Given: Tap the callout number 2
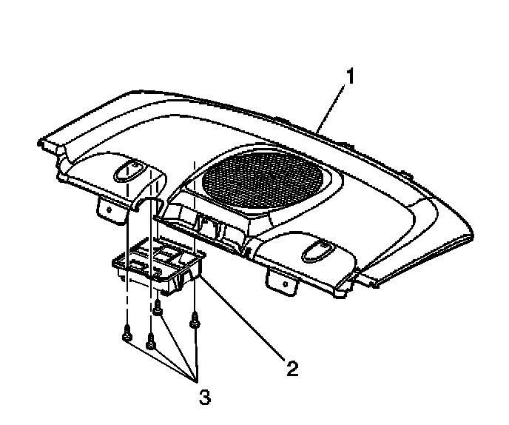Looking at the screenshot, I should click(292, 367).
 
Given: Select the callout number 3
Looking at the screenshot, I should click(205, 397).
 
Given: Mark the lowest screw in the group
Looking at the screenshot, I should click(151, 341).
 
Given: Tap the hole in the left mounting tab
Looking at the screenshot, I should click(109, 210).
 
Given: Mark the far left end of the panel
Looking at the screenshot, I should click(42, 141).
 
